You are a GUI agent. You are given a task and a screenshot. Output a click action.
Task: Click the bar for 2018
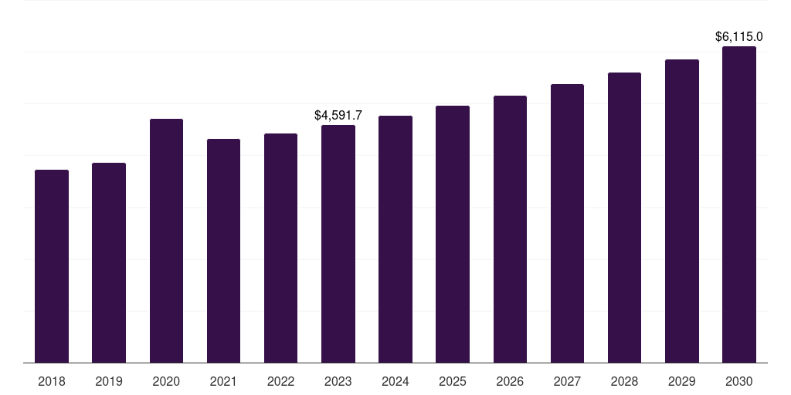point(52,266)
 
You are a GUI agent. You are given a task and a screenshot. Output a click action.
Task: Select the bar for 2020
point(166,241)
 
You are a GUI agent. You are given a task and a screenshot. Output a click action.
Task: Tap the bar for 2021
point(223,251)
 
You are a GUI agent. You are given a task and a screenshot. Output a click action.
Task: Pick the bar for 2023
point(338,244)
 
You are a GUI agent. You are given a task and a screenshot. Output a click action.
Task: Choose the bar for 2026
point(510,229)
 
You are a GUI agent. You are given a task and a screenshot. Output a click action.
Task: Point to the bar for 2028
point(624,218)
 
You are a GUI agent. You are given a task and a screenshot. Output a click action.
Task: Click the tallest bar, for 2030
point(739,204)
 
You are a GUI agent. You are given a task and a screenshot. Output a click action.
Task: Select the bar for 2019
point(109,262)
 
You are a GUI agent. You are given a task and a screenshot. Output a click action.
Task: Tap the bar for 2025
point(453,234)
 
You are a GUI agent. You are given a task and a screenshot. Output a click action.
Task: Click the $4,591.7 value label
point(338,115)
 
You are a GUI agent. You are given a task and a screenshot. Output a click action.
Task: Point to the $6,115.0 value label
point(739,36)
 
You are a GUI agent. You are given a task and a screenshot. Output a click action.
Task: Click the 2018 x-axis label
point(52,381)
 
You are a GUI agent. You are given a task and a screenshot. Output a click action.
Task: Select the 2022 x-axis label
point(281,381)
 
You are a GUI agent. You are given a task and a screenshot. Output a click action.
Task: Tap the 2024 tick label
point(395,381)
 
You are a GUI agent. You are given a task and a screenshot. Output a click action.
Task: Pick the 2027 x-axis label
point(567,381)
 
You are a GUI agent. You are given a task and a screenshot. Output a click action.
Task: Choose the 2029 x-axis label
point(682,381)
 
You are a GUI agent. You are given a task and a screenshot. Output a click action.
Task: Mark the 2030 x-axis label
point(739,381)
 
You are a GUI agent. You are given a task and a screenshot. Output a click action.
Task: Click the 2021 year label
point(223,381)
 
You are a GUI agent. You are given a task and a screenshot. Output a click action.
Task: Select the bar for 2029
point(682,211)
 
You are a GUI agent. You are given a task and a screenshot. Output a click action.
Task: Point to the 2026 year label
point(510,381)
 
